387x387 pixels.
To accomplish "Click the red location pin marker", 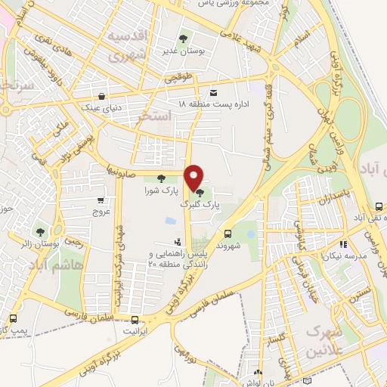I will click(x=195, y=178).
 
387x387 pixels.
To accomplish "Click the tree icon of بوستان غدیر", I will click(x=183, y=38).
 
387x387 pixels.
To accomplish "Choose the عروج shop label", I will click(x=101, y=212).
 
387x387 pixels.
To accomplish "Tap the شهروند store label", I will click(x=226, y=246).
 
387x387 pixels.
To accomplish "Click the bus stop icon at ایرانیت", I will click(x=135, y=320).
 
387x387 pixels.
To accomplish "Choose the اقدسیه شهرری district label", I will click(x=127, y=46).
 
